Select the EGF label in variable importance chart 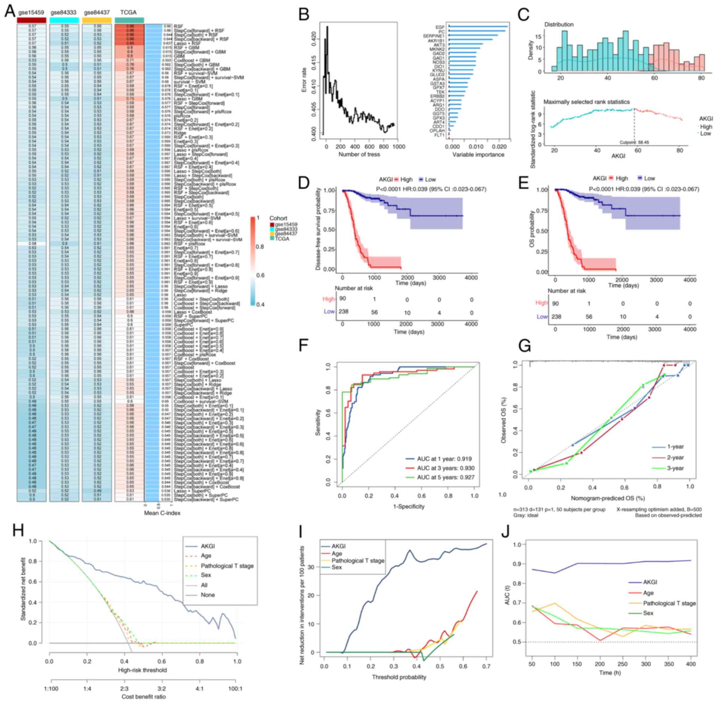(440, 27)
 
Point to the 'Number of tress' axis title (359, 155)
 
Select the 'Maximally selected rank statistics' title (586, 102)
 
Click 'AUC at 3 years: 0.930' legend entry (446, 468)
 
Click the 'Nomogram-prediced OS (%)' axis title (608, 498)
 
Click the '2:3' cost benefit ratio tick (124, 689)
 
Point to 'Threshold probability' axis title (399, 677)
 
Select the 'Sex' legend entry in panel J (648, 613)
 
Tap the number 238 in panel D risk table (343, 312)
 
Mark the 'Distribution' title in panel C (559, 24)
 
